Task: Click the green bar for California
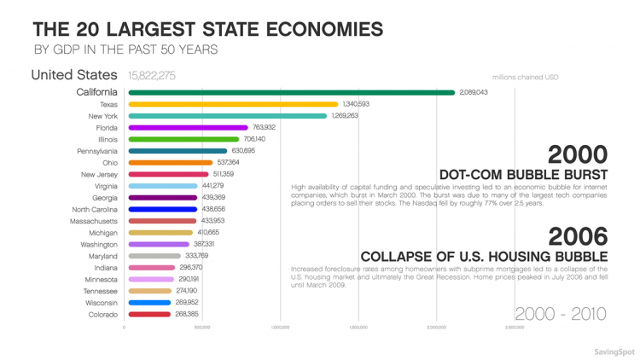click(291, 92)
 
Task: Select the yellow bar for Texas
click(221, 104)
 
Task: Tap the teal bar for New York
click(227, 116)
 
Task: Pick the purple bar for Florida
click(188, 128)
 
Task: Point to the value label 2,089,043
click(473, 92)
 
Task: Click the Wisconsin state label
click(102, 302)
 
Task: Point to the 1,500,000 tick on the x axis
click(358, 327)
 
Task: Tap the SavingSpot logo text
click(614, 350)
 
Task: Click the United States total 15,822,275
click(151, 76)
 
